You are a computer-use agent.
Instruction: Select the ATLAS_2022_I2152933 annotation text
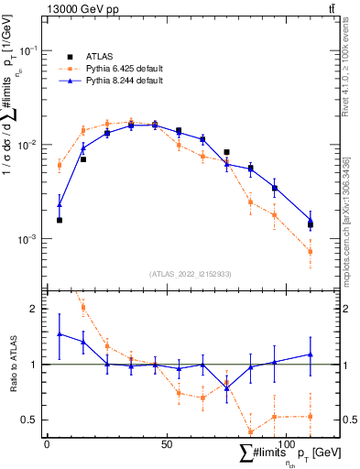[191, 274]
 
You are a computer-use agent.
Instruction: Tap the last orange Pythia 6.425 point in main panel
[311, 251]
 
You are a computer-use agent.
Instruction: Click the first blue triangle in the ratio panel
[60, 334]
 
